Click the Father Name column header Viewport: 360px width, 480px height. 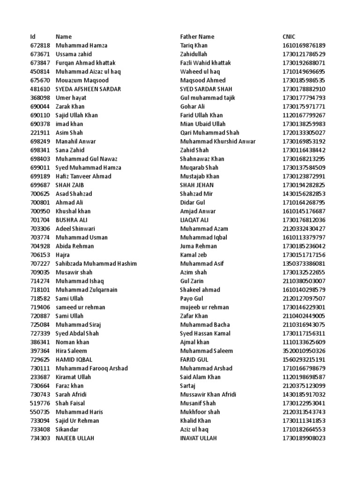click(x=197, y=37)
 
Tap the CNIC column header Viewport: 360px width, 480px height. click(x=289, y=37)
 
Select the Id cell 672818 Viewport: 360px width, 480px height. click(x=39, y=45)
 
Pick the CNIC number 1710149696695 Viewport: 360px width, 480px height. click(x=304, y=72)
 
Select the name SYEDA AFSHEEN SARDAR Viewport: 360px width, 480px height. click(x=88, y=89)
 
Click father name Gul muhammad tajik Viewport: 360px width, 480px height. click(x=208, y=98)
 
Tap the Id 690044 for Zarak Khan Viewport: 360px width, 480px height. click(x=39, y=106)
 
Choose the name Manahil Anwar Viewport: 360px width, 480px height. click(x=75, y=142)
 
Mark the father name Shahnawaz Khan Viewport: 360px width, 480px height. click(x=202, y=159)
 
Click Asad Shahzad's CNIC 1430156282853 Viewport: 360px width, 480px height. click(x=304, y=194)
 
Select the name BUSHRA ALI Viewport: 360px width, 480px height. click(x=71, y=220)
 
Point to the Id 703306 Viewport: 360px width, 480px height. click(x=39, y=229)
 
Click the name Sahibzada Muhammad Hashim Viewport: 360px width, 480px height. click(x=96, y=263)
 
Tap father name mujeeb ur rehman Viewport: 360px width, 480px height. click(x=204, y=307)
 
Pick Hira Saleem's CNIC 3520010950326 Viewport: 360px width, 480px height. click(x=304, y=351)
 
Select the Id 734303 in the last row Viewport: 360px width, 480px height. click(x=39, y=438)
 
